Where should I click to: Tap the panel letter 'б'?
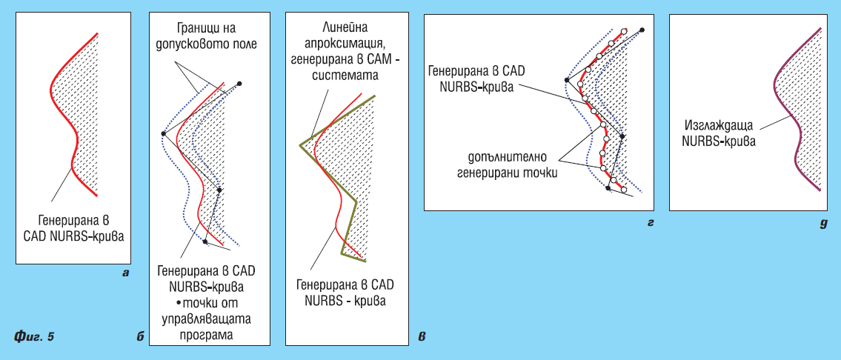tap(141, 336)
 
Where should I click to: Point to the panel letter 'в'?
tap(422, 337)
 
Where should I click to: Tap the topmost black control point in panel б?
tap(240, 84)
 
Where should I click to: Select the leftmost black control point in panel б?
tap(162, 133)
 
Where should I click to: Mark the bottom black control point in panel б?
tap(205, 241)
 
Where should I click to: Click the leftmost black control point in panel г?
tap(566, 80)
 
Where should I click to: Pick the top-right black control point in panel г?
tap(642, 30)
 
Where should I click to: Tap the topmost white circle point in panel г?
tap(623, 31)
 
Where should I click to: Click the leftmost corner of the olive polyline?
tap(300, 144)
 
